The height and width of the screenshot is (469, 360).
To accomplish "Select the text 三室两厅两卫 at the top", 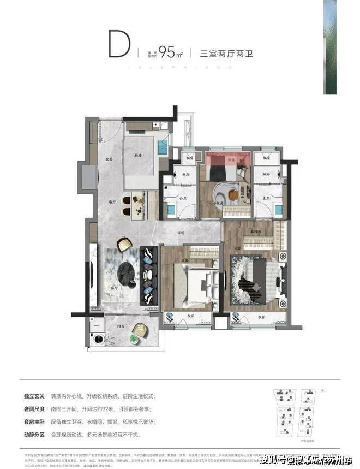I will click(227, 53).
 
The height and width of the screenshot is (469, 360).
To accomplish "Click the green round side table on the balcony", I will click(134, 340).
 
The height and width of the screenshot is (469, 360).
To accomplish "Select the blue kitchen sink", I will click(163, 147).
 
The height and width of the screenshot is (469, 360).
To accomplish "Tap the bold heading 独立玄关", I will click(35, 396).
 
